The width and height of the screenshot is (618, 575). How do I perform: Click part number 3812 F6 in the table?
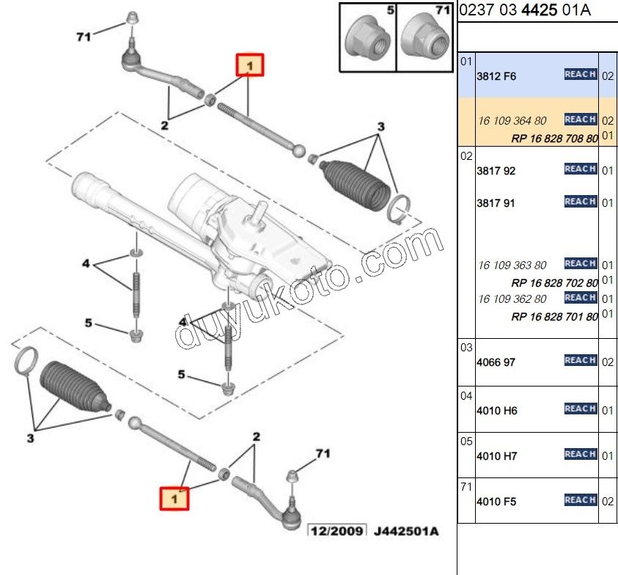tap(496, 76)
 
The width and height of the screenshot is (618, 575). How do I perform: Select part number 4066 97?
tap(496, 362)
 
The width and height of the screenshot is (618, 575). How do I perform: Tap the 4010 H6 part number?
tap(496, 411)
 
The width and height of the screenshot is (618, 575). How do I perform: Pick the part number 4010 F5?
tap(496, 502)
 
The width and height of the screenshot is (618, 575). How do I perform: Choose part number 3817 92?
tap(496, 170)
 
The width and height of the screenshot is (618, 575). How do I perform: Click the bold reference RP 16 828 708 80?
tap(554, 138)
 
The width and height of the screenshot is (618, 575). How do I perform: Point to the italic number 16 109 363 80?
tap(512, 265)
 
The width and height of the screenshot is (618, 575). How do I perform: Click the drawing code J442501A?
tap(405, 531)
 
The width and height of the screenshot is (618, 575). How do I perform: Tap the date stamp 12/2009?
tap(336, 531)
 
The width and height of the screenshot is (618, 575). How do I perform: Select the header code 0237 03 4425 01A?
tap(525, 10)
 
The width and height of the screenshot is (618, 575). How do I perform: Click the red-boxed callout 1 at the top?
tap(249, 67)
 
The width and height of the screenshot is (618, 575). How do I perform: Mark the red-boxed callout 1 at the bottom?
tap(174, 499)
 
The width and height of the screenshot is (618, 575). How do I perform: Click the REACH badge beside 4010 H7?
tap(580, 454)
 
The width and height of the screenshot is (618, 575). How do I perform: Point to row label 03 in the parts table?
tap(466, 348)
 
